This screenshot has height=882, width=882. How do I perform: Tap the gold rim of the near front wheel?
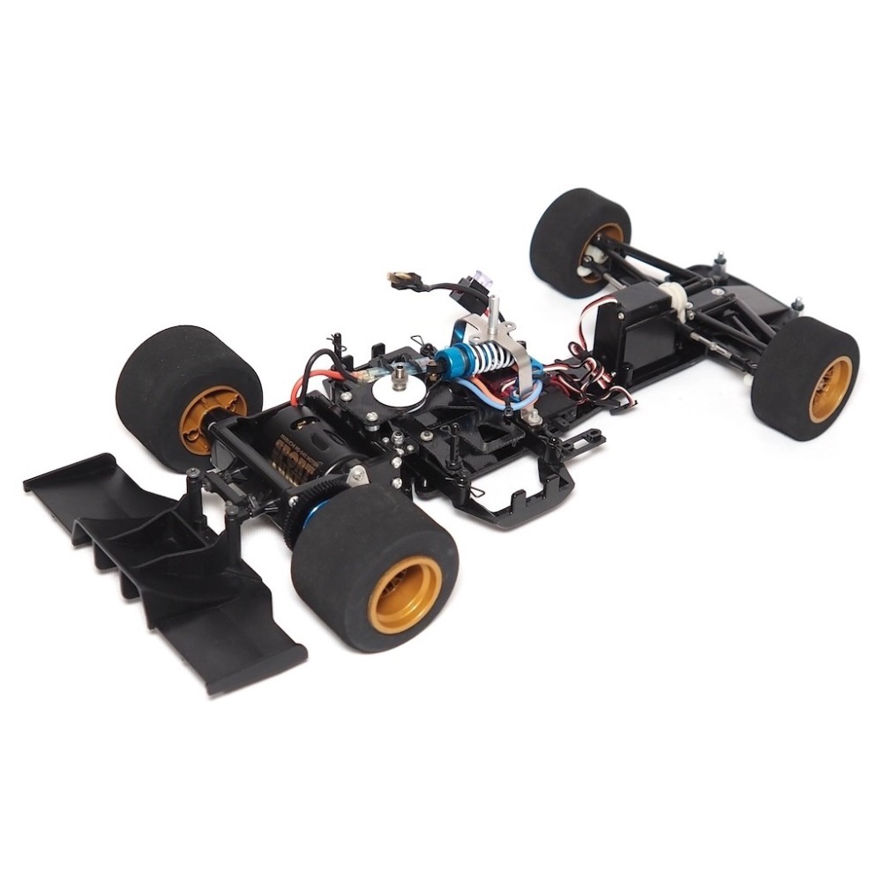(x=830, y=389)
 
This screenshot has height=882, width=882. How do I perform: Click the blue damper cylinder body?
(x=455, y=359)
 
